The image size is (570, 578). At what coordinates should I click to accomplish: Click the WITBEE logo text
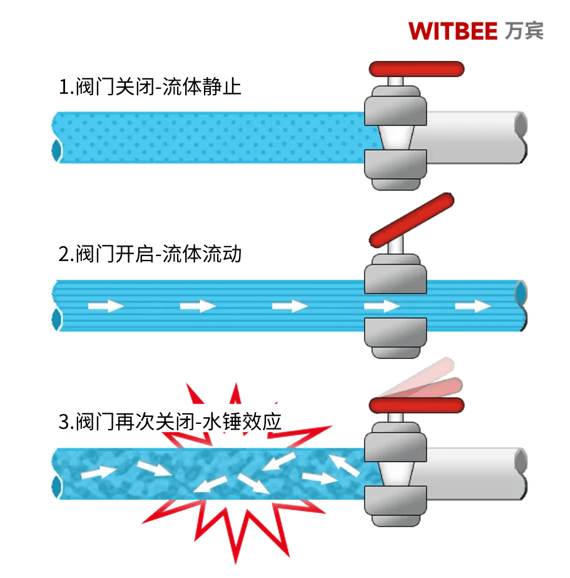[452, 30]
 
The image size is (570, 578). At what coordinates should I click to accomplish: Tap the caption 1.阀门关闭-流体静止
[150, 86]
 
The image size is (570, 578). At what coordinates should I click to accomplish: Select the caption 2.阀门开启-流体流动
[150, 254]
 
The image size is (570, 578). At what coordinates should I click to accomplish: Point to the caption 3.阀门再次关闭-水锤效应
[170, 421]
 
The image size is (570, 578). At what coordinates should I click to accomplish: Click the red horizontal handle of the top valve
[416, 68]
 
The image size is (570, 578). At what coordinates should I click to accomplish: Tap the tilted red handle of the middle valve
[412, 220]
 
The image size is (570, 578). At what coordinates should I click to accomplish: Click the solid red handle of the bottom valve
[416, 405]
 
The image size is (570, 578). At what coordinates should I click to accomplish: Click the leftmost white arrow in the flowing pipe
[106, 306]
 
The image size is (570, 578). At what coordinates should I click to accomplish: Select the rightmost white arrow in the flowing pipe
[473, 306]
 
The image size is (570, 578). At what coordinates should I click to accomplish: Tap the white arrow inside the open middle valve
[382, 306]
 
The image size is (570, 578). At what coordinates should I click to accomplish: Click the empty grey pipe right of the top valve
[476, 138]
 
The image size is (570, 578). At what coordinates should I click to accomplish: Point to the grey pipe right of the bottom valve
[476, 473]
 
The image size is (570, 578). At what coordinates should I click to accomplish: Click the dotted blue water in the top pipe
[213, 138]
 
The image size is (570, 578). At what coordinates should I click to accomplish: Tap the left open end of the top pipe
[57, 150]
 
